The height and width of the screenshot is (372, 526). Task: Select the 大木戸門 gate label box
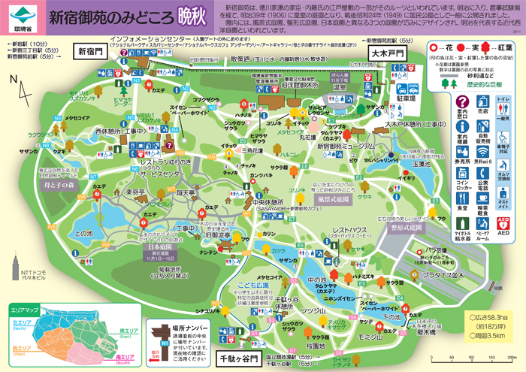385,54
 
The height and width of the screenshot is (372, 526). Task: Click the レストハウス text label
349,230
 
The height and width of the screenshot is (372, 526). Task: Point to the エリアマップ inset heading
26,308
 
